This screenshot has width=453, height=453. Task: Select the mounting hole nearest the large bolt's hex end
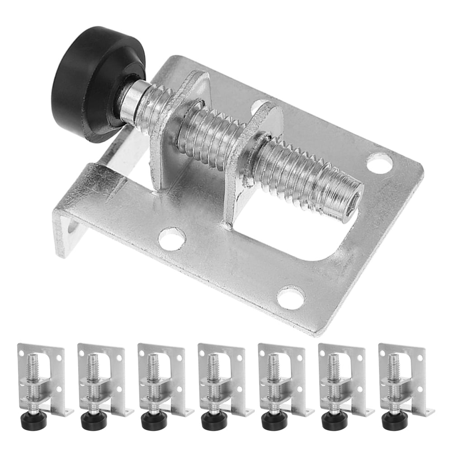[x=379, y=163]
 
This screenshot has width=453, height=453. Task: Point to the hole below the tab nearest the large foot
[x=172, y=238]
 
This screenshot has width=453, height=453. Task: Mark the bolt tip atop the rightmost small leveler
[x=392, y=360]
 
